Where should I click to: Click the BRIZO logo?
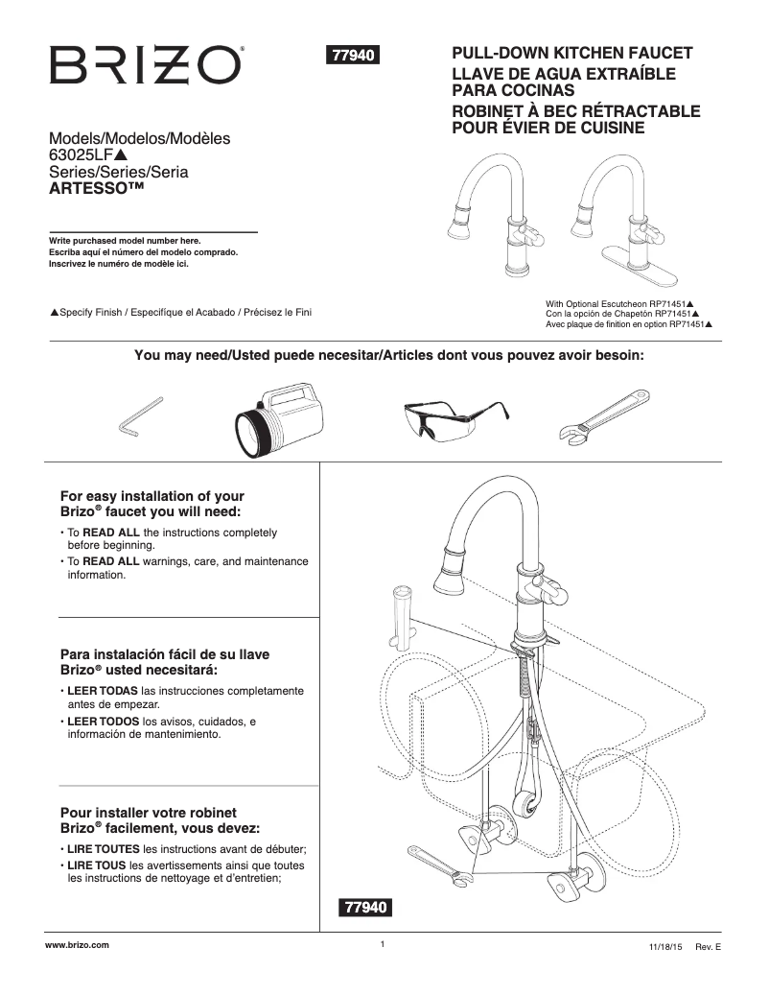tap(146, 65)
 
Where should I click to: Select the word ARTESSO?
tap(88, 189)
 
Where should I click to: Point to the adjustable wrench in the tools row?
tap(608, 415)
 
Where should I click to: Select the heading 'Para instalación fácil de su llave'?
tap(165, 654)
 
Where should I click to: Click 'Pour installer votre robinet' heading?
tap(148, 812)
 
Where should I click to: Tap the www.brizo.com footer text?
tap(78, 945)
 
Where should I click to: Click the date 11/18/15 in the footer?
tap(664, 947)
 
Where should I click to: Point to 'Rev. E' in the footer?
tap(708, 947)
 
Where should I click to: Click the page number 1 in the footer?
tap(382, 945)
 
